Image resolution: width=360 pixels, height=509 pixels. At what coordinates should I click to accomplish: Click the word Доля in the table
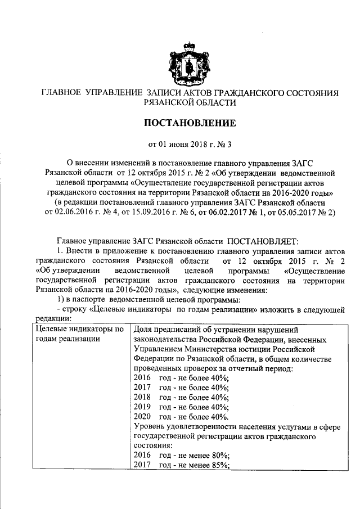(143, 328)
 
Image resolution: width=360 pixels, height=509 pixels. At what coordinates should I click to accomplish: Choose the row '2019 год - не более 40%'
(181, 407)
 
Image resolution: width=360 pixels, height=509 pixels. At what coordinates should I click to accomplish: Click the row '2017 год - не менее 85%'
(181, 464)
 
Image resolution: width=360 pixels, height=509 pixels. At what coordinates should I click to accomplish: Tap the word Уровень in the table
(150, 427)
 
